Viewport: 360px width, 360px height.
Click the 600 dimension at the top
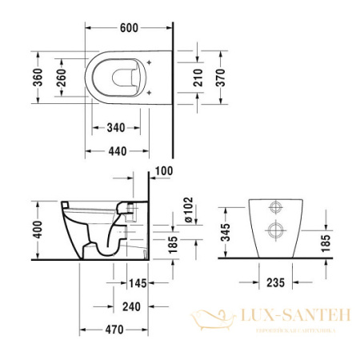coord(128,27)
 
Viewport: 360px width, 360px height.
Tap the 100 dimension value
coord(164,171)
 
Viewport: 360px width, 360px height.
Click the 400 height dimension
coord(34,229)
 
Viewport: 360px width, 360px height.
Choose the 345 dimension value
coord(227,233)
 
